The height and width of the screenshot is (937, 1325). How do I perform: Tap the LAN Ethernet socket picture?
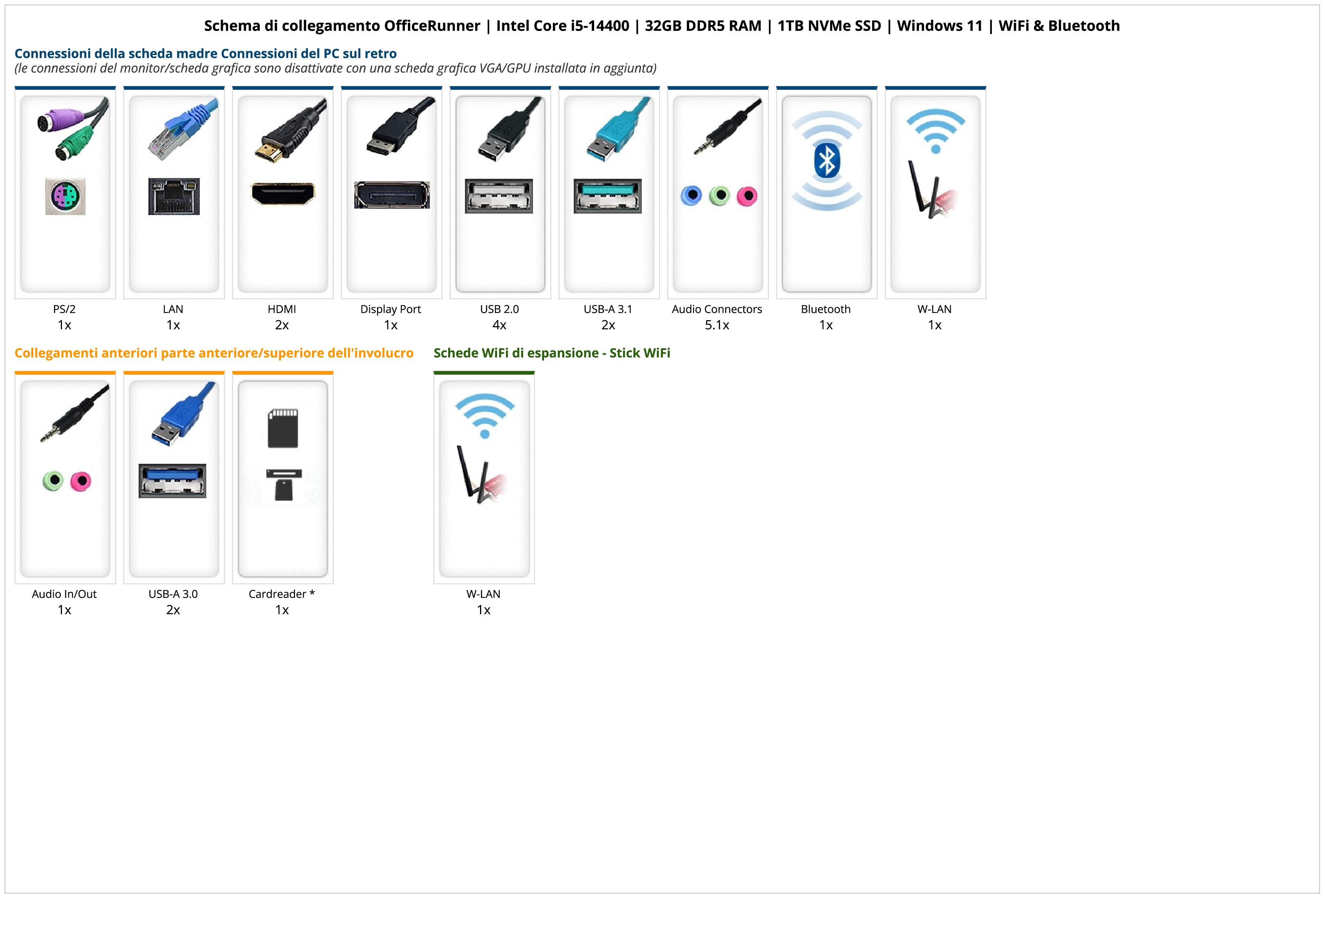174,196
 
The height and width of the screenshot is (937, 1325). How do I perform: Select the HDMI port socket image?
283,194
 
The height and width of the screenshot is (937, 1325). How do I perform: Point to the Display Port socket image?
392,195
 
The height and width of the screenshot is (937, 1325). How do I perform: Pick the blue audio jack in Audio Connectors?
691,196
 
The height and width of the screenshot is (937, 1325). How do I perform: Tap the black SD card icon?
283,428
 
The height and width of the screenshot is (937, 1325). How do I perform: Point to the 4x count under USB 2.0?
499,325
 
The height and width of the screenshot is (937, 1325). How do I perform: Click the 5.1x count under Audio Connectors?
717,325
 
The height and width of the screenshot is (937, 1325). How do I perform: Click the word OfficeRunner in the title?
432,26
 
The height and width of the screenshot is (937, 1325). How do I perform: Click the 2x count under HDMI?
282,325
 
